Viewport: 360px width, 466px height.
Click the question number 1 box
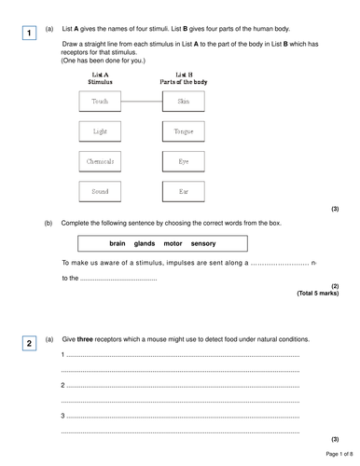point(30,34)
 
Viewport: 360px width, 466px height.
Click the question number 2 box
point(30,344)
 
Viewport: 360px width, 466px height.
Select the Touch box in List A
point(101,101)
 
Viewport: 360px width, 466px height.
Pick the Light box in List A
point(101,131)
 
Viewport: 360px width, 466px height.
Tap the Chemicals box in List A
point(101,162)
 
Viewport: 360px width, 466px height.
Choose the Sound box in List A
point(101,193)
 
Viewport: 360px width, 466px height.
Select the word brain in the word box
point(118,243)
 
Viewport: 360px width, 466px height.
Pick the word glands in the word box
point(145,243)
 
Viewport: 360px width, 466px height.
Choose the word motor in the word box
point(173,243)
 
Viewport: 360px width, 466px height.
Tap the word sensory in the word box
point(202,243)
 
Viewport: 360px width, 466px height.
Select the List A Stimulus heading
point(101,77)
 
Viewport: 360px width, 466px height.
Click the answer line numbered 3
point(182,415)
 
